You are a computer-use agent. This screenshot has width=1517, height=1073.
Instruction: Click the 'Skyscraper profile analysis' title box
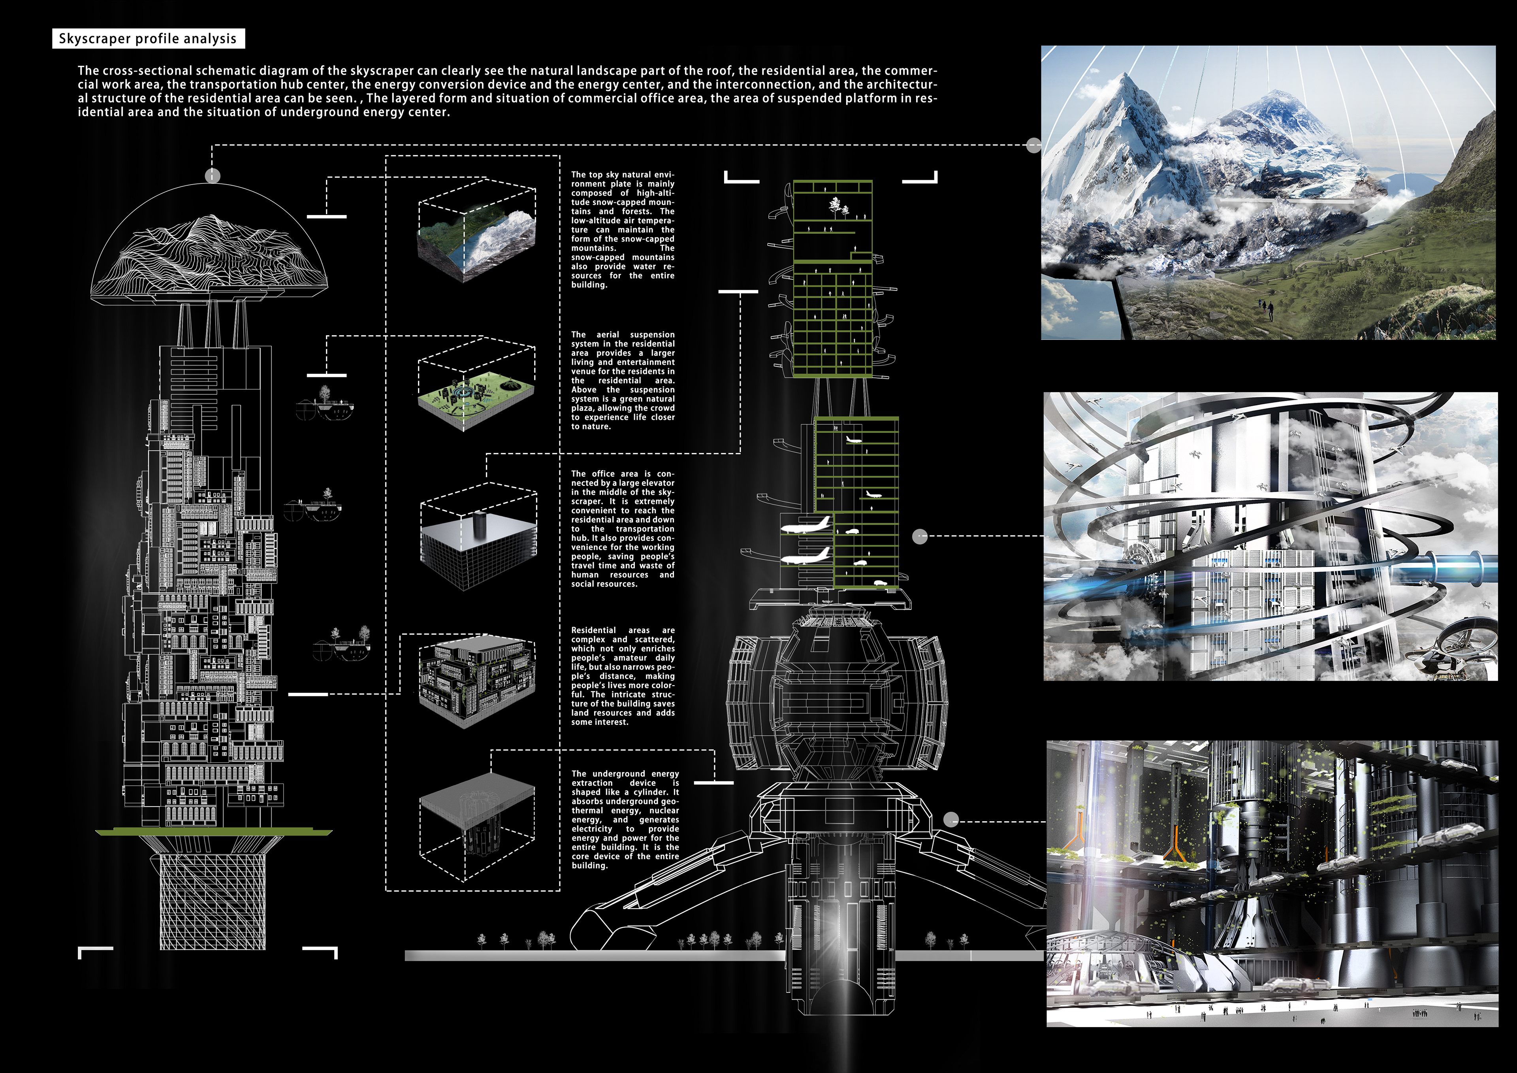pos(148,38)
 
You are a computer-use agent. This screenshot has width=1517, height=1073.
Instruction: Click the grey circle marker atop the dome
pos(212,176)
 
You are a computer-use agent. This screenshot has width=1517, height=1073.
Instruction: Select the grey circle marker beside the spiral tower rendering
pos(920,537)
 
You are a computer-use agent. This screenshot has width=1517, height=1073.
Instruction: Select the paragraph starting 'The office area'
pos(622,529)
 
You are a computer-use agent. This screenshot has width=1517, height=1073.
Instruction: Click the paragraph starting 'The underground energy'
pos(624,820)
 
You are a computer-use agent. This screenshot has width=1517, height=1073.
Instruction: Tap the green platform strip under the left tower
pos(213,832)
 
